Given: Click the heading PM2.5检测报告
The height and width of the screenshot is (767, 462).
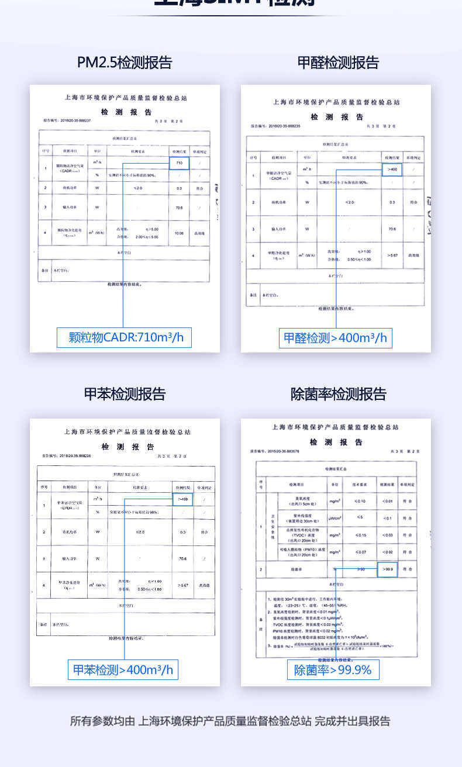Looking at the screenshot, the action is click(x=125, y=63).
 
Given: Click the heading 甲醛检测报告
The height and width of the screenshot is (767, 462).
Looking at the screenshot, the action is click(x=338, y=63).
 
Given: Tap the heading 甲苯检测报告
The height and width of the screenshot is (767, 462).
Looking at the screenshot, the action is click(x=125, y=394).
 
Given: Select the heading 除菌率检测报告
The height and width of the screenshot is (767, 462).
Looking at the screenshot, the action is click(x=338, y=394).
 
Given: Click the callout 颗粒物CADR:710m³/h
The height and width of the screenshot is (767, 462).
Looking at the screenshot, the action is click(x=124, y=337).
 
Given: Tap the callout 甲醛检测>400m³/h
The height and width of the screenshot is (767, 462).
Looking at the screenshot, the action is click(x=335, y=338).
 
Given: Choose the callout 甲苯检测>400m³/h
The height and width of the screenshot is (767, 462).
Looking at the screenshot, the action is click(x=123, y=669).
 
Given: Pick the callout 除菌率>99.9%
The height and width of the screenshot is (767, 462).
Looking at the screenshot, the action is click(x=333, y=669).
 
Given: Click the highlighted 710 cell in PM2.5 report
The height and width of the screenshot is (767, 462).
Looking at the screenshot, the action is click(x=179, y=163).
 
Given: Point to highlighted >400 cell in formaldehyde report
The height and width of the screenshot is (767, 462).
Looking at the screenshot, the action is click(x=392, y=170).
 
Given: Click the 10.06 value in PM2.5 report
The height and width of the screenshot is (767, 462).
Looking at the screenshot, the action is click(x=179, y=233).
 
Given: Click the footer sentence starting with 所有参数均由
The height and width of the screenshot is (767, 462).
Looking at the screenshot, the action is click(x=230, y=721).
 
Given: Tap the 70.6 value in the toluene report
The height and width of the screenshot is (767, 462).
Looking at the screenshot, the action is click(x=182, y=559).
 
